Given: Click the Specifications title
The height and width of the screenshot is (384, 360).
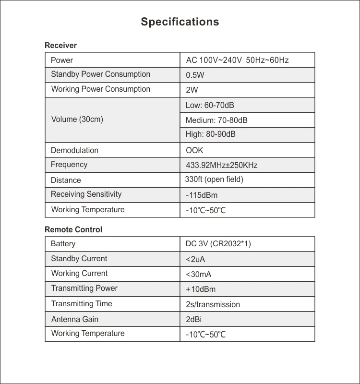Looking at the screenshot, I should click(x=180, y=22).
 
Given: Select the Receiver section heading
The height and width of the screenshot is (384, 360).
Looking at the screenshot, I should click(x=60, y=46).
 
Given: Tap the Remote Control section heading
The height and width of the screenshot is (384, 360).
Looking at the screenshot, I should click(x=73, y=230).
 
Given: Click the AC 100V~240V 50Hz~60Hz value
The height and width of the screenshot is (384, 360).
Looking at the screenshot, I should click(x=237, y=60).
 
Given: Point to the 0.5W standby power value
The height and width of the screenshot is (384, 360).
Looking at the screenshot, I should click(x=194, y=75).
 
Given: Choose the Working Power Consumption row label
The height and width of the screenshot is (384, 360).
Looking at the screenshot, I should click(x=100, y=89).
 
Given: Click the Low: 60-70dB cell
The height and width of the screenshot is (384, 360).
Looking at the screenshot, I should click(x=210, y=105).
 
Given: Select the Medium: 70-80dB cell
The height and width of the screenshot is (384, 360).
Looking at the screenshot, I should click(x=216, y=120).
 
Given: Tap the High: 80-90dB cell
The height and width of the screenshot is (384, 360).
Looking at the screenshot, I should click(x=211, y=134).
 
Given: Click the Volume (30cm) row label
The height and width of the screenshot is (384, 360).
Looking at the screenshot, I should click(x=77, y=120).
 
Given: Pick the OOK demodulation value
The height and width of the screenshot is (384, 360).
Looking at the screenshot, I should click(x=194, y=150).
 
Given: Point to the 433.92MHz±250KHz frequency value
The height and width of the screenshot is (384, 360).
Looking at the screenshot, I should click(x=222, y=165).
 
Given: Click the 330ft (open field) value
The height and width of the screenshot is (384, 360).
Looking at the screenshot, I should click(x=214, y=180).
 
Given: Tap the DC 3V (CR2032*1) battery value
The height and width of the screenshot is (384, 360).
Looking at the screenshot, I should click(x=218, y=244).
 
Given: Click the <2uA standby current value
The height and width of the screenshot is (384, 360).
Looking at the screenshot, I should click(x=195, y=260).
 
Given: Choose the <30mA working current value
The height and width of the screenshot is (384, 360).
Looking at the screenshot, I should click(x=199, y=274).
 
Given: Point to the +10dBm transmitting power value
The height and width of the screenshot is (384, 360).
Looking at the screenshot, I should click(x=201, y=289).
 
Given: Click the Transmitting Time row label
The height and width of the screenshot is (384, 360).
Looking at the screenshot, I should click(x=82, y=304).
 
